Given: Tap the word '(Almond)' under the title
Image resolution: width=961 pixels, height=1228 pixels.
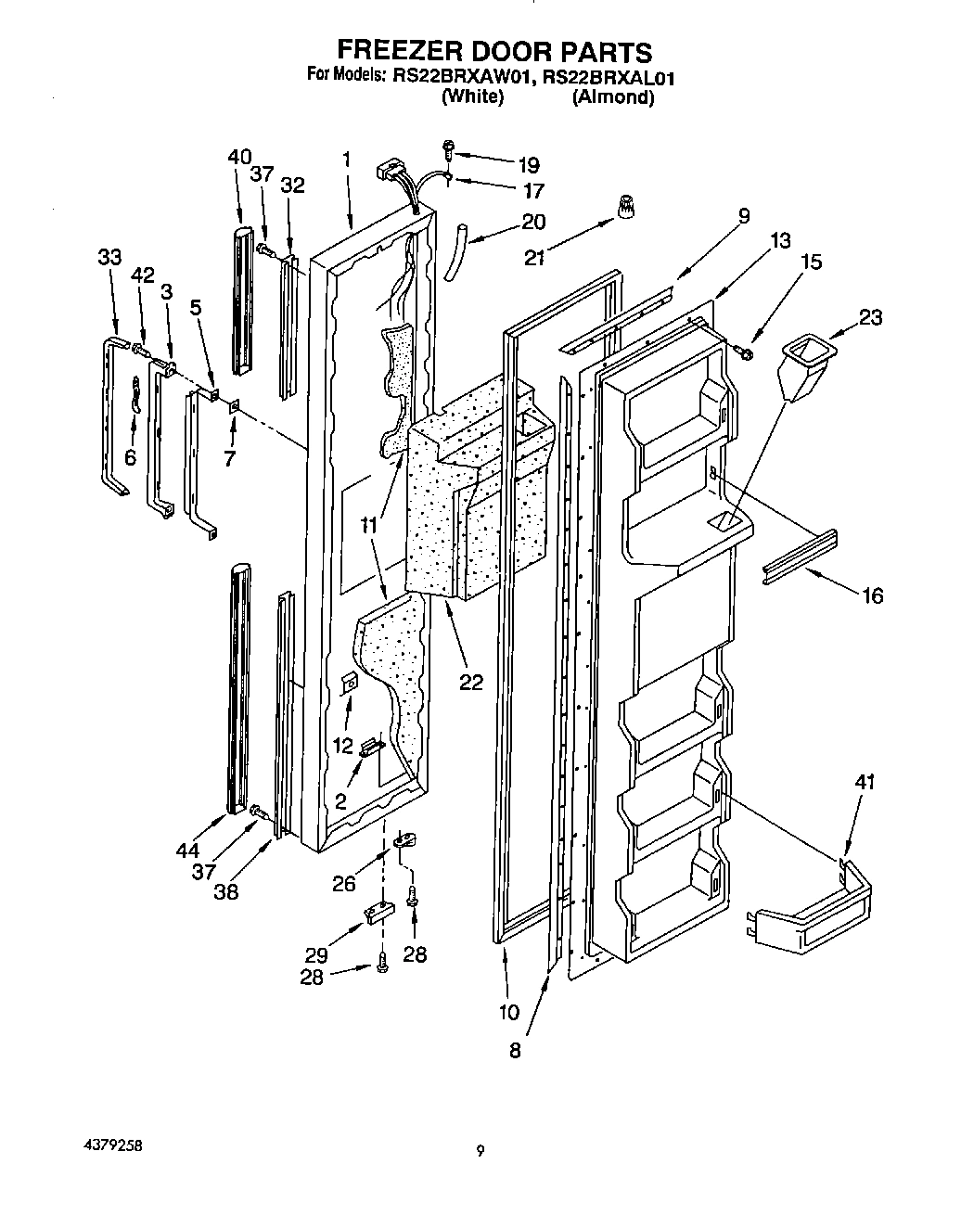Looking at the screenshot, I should click(x=612, y=96).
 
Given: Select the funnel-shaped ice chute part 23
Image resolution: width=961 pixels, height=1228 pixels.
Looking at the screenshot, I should click(x=805, y=367).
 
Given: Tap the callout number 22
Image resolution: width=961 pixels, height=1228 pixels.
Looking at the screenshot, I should click(x=471, y=682).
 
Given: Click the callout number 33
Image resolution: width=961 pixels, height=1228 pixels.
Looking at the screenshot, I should click(x=109, y=257).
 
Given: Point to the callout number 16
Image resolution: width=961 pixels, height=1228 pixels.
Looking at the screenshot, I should click(x=872, y=595).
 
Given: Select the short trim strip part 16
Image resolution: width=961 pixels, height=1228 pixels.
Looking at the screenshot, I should click(x=799, y=558).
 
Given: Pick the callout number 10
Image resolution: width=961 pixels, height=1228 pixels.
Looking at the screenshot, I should click(x=509, y=1012).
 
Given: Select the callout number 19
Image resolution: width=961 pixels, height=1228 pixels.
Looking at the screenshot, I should click(x=528, y=166).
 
